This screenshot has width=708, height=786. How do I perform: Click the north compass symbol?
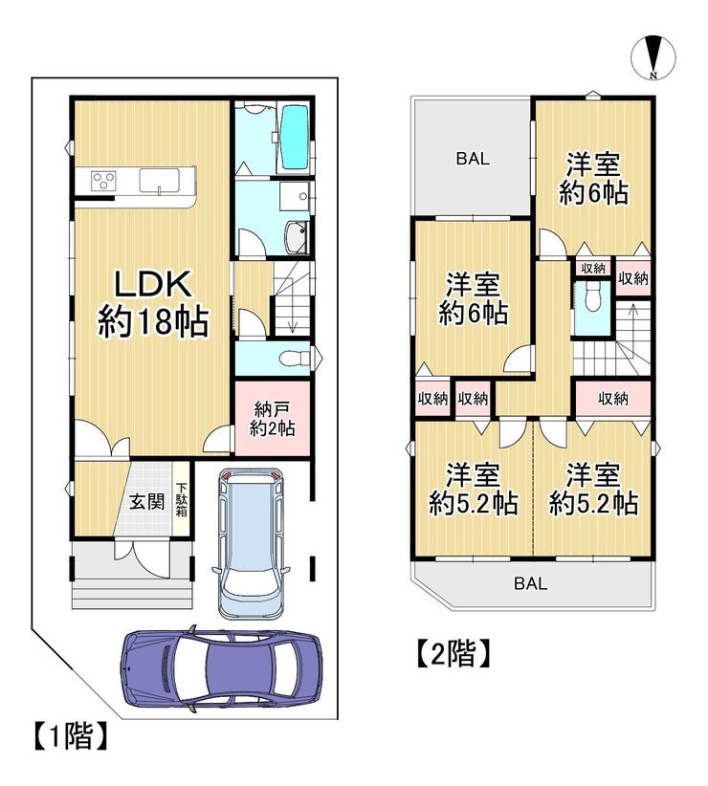pos(653,57)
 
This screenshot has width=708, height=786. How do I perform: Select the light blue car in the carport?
pos(252,544)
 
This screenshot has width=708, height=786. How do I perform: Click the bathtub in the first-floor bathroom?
pos(294,137)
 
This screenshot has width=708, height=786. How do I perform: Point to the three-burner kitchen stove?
pos(103,181)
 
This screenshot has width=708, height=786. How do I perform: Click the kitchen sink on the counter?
pos(159,181)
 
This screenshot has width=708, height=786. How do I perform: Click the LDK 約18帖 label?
pos(153,303)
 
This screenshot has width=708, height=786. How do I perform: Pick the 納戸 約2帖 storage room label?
pos(272,419)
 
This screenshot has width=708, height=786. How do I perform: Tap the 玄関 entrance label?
pos(147,502)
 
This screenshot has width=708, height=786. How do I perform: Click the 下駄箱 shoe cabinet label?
pos(182,499)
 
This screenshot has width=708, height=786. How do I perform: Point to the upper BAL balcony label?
pos(473,159)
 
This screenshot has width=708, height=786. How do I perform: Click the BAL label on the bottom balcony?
pos(530,583)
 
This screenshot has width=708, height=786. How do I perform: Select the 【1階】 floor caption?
pos(71,735)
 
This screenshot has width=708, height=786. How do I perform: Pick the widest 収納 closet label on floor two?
pos(612,399)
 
